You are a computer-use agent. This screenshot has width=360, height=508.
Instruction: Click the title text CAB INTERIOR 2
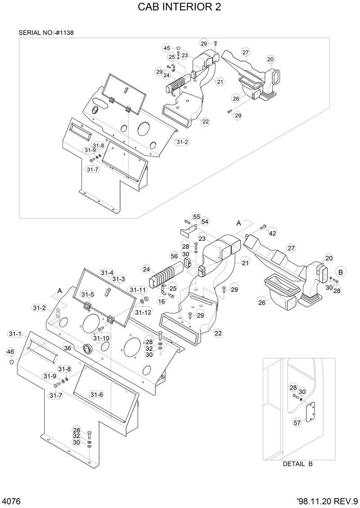[180, 8]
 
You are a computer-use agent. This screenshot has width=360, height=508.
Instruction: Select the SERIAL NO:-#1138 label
[46, 33]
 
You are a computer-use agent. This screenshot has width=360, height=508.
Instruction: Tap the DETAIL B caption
[297, 464]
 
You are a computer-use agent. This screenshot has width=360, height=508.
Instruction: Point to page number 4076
[11, 501]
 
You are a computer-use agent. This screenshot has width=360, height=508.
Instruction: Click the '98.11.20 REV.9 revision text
[327, 501]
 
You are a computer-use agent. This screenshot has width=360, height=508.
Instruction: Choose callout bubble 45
[166, 48]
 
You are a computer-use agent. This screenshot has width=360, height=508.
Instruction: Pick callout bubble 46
[10, 352]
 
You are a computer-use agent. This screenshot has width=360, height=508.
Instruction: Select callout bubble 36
[67, 348]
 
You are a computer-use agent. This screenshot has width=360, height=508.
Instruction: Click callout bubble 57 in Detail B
[297, 423]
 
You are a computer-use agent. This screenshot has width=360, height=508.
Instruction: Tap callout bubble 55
[197, 217]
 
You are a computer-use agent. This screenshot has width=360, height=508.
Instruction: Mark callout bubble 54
[205, 222]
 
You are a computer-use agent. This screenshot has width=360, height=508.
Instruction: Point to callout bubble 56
[174, 256]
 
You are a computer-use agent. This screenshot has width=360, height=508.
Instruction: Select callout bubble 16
[162, 301]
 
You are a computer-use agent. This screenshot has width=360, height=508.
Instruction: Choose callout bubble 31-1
[15, 334]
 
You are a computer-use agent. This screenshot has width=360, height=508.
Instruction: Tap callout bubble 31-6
[96, 394]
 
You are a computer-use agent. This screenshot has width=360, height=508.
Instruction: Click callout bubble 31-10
[101, 338]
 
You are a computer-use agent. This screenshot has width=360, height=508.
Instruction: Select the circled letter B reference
[341, 272]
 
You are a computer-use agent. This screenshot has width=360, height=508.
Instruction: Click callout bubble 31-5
[88, 294]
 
